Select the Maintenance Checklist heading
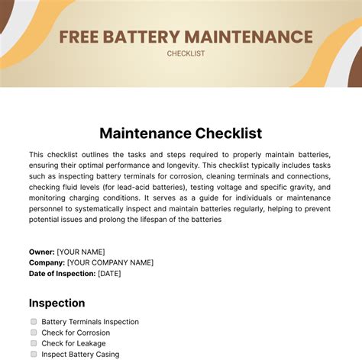[180, 133]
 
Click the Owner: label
[42, 252]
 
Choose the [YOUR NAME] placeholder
[81, 252]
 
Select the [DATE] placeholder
[109, 273]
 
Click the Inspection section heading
[57, 303]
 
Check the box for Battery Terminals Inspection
[34, 322]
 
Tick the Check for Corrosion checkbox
[34, 333]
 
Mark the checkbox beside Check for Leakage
[34, 343]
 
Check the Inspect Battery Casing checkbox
[34, 354]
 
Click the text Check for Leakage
[74, 343]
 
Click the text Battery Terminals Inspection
[90, 322]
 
